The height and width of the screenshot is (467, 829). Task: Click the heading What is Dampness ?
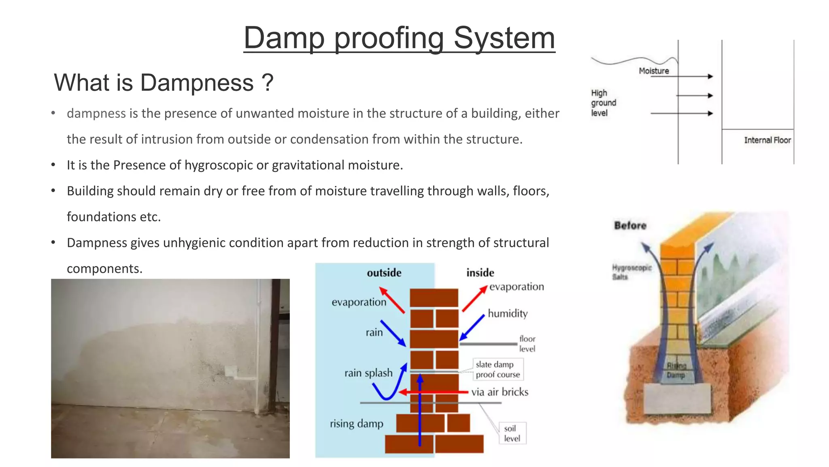pyautogui.click(x=164, y=83)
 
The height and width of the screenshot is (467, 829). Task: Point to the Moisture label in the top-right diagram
pyautogui.click(x=654, y=71)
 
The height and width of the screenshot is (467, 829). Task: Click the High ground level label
pyautogui.click(x=603, y=103)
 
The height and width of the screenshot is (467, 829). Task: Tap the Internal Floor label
pyautogui.click(x=767, y=140)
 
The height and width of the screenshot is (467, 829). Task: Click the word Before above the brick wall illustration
pyautogui.click(x=630, y=225)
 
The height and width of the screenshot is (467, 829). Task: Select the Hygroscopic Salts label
pyautogui.click(x=631, y=272)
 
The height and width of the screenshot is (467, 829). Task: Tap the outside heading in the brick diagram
pyautogui.click(x=384, y=273)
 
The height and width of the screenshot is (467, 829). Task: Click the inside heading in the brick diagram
pyautogui.click(x=480, y=273)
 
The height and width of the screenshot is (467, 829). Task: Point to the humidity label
pyautogui.click(x=508, y=313)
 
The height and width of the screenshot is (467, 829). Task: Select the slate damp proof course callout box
pyautogui.click(x=498, y=369)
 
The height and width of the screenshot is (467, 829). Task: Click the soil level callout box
pyautogui.click(x=512, y=433)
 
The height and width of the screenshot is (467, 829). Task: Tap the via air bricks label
pyautogui.click(x=500, y=392)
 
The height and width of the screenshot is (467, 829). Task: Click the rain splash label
pyautogui.click(x=368, y=373)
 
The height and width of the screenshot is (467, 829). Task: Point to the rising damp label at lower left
pyautogui.click(x=356, y=424)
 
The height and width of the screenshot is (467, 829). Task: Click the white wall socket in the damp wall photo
pyautogui.click(x=231, y=371)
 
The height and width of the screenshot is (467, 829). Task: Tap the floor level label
pyautogui.click(x=527, y=344)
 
